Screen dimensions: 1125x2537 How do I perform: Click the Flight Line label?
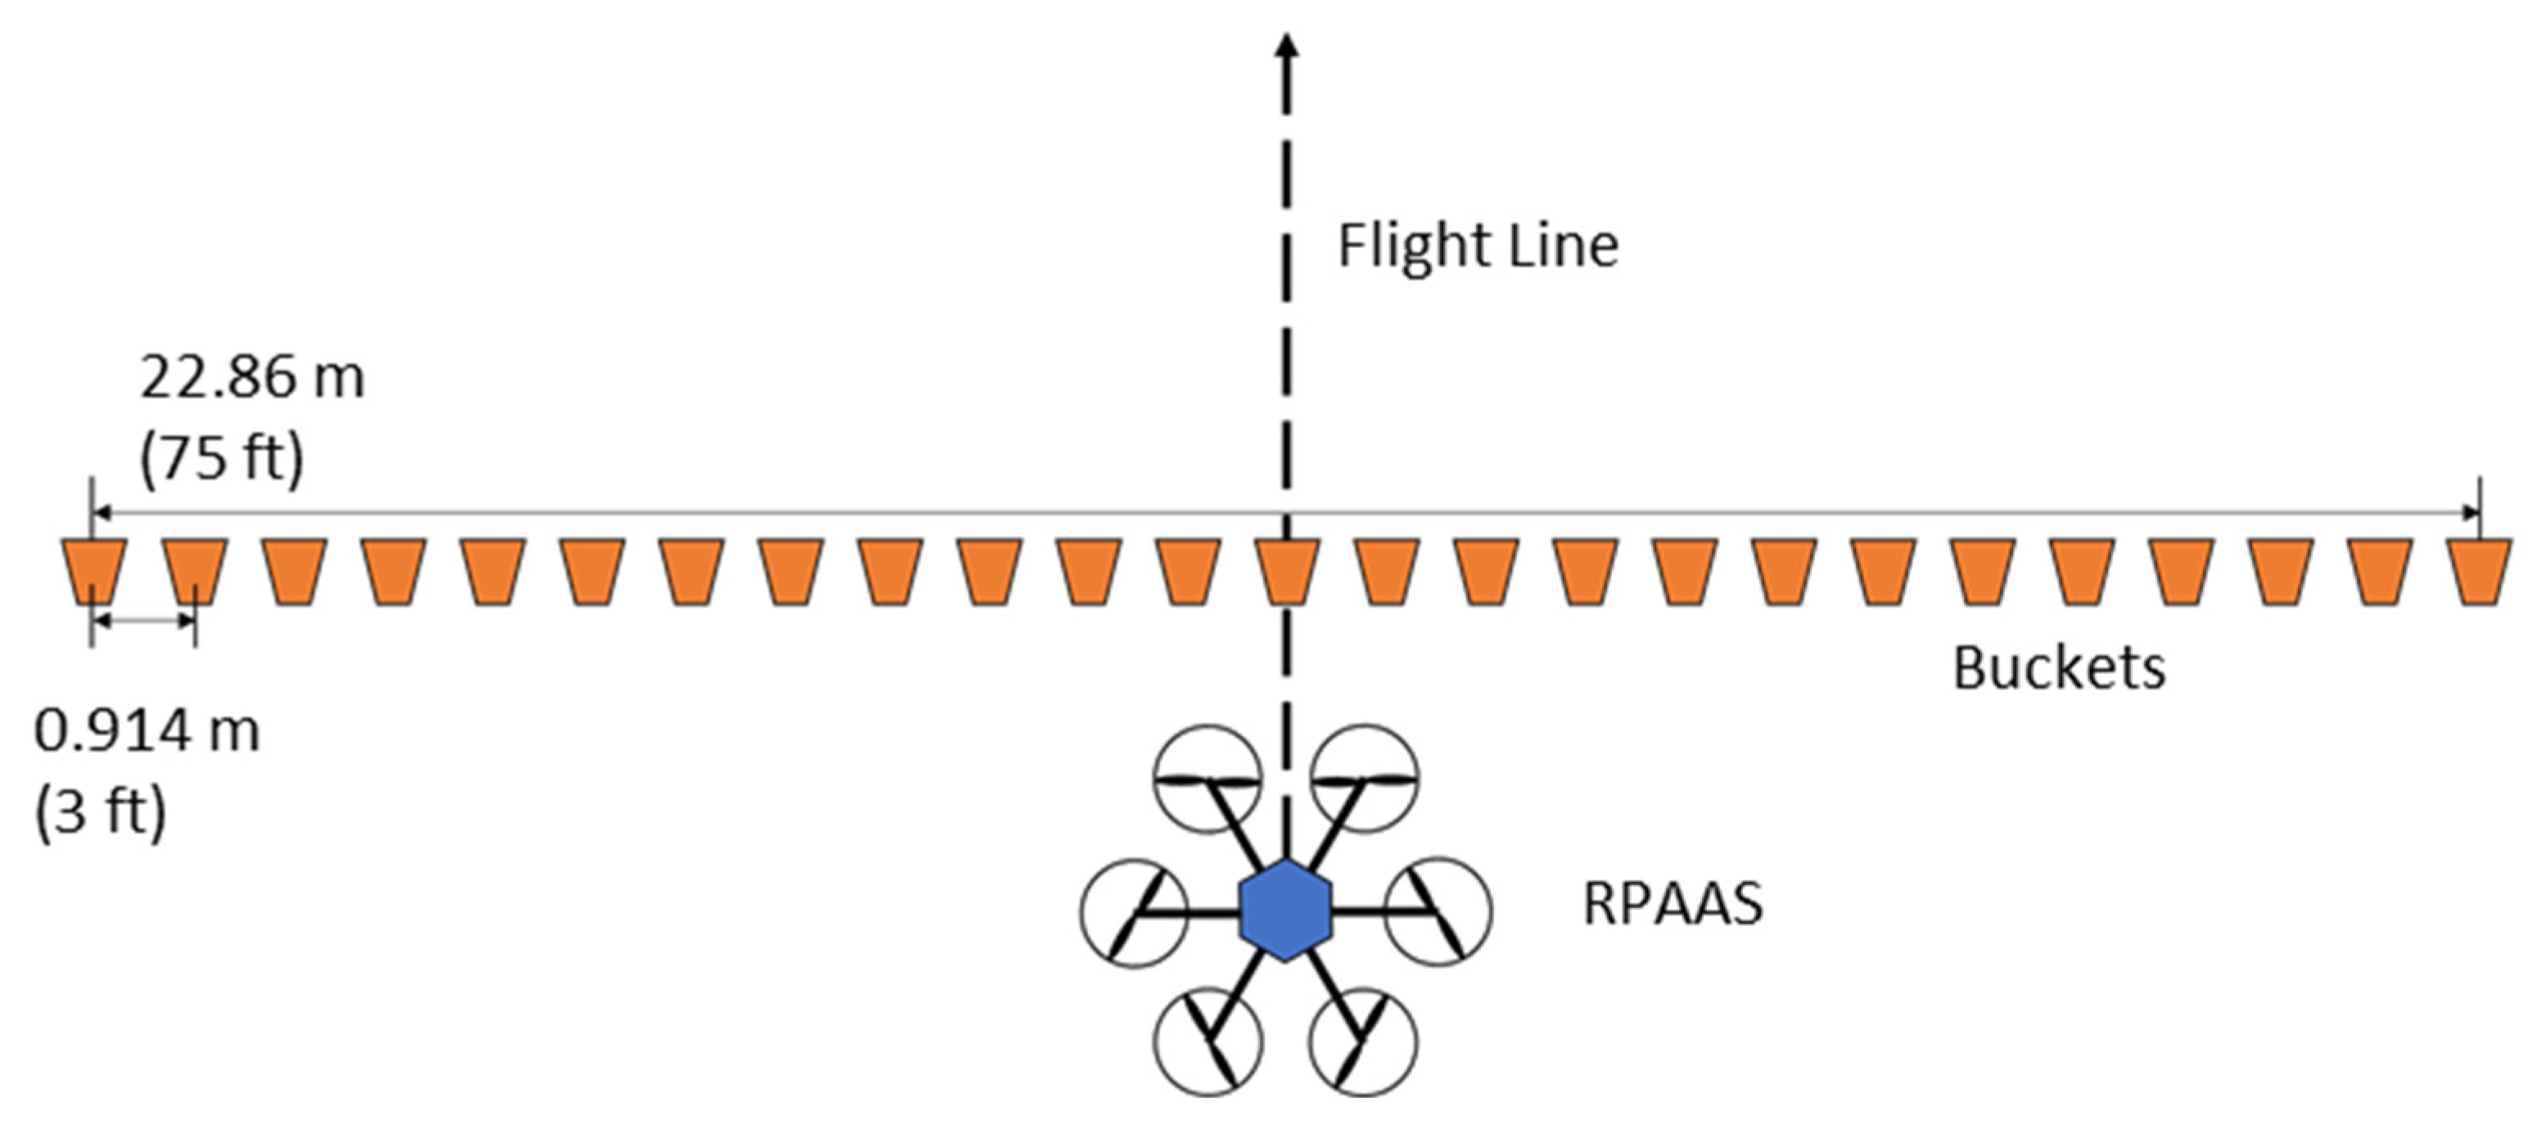click(x=1478, y=246)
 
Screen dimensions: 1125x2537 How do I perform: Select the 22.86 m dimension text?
click(x=252, y=377)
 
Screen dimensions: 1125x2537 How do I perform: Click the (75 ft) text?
click(x=222, y=458)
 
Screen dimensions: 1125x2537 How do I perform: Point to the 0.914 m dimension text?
click(x=147, y=732)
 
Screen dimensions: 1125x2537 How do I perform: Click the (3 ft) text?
click(x=102, y=813)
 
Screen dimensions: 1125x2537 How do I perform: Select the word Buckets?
click(x=2058, y=669)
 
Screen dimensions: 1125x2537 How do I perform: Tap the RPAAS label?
click(x=1673, y=904)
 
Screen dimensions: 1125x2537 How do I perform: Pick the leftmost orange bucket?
click(x=94, y=572)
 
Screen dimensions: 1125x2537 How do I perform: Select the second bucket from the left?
click(x=195, y=572)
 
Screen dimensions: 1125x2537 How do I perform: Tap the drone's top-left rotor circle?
click(x=1208, y=778)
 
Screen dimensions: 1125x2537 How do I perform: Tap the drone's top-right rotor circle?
click(x=1365, y=778)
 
